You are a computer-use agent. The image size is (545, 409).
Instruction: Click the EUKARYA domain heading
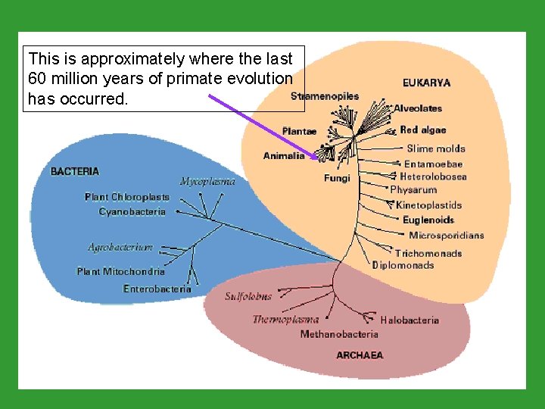tap(426, 83)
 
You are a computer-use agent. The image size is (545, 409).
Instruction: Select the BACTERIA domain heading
tap(75, 172)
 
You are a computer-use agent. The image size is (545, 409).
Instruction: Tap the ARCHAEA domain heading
tap(360, 354)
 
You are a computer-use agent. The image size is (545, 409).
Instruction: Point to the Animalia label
tap(284, 156)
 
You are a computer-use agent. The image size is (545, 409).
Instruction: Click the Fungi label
tap(337, 178)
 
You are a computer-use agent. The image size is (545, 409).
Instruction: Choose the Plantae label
tap(299, 131)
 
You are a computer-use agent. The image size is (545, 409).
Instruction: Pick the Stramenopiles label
tap(325, 96)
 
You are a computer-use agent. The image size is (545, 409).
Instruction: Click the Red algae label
tap(423, 130)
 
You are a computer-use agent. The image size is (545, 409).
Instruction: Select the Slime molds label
tap(436, 148)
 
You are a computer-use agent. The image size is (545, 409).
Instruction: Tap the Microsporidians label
tap(447, 236)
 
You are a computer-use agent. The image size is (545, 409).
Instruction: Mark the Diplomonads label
tap(403, 265)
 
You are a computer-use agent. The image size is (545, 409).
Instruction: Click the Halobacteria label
tap(410, 320)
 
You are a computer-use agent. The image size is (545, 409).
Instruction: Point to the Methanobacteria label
tap(339, 334)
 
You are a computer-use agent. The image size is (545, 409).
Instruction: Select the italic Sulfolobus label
tap(248, 296)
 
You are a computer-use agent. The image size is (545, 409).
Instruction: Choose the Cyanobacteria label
tap(132, 212)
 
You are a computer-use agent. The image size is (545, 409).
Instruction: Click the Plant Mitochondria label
tap(120, 271)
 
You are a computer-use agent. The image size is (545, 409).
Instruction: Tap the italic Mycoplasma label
tap(207, 182)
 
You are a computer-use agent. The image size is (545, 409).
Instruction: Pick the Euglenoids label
tap(428, 220)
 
